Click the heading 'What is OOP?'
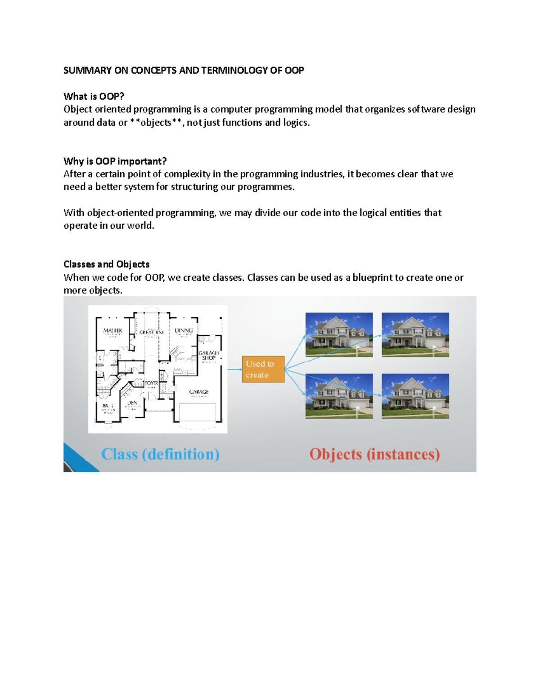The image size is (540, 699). point(94,96)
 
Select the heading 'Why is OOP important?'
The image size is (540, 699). point(115,161)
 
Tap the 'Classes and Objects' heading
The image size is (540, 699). point(106,264)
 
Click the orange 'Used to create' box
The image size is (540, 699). point(263,370)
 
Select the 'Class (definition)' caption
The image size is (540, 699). point(160,454)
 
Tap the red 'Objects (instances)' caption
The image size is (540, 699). point(374,454)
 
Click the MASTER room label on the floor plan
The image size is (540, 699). point(112,331)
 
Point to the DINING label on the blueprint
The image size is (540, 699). point(184,331)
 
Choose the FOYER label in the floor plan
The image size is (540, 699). point(151,383)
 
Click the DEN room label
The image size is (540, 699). point(132,403)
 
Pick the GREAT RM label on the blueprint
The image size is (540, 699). point(151,333)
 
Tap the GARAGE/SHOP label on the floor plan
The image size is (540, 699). point(209,356)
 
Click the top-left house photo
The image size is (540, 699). point(339,335)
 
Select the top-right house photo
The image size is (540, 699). point(415,335)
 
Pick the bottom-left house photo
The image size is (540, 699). point(339,396)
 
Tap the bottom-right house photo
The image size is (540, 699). point(415,396)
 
